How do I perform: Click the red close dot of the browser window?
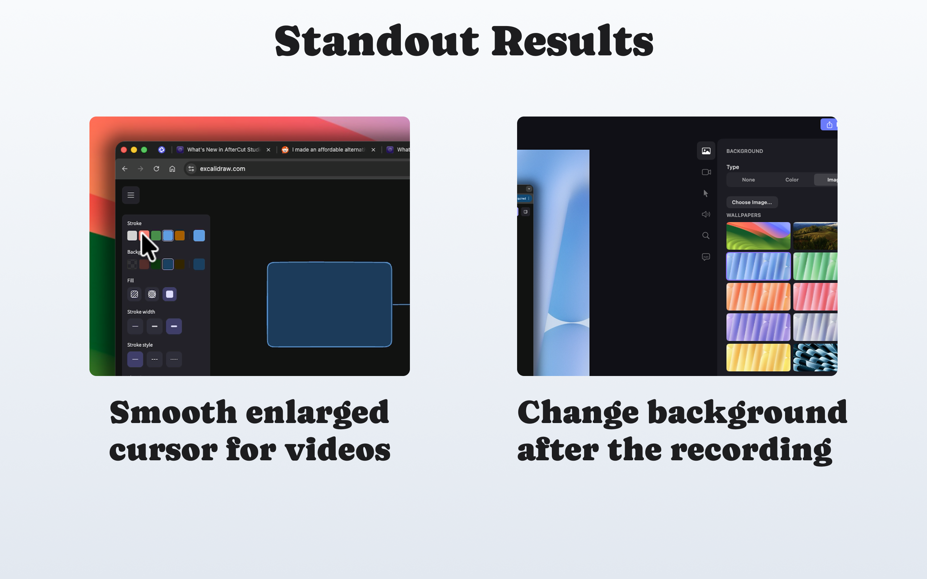point(124,150)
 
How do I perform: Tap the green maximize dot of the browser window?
point(144,150)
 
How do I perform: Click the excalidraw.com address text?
point(222,169)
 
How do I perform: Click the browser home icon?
point(172,169)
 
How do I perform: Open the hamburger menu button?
point(131,195)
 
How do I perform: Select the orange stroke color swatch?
point(180,236)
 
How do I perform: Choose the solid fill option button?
point(169,294)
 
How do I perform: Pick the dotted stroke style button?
point(174,359)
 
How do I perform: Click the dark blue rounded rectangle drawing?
point(329,305)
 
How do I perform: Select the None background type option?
point(748,179)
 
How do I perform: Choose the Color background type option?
point(792,179)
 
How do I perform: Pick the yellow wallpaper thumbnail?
point(758,357)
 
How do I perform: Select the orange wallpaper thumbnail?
point(758,297)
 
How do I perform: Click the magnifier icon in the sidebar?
point(706,236)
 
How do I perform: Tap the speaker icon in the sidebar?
point(706,215)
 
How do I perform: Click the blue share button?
point(829,125)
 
